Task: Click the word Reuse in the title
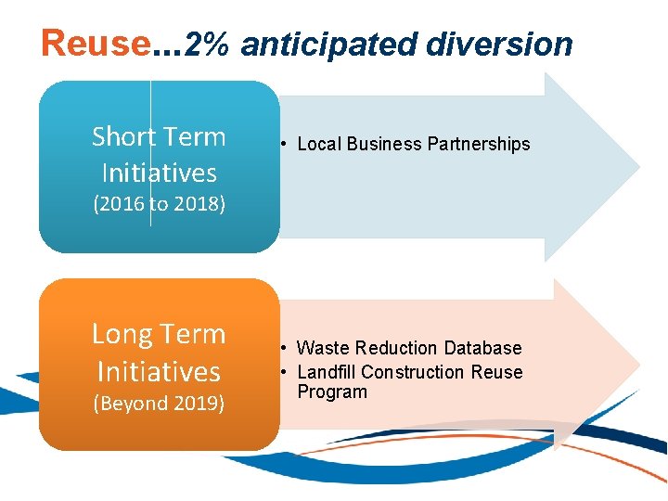click(96, 43)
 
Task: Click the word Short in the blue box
click(123, 137)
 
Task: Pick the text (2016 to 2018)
click(159, 204)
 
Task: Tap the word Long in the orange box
click(122, 334)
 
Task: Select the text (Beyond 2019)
click(159, 404)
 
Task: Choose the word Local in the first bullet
click(318, 144)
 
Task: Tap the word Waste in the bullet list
click(320, 348)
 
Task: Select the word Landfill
click(327, 372)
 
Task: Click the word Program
click(332, 392)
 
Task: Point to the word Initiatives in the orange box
click(159, 371)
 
